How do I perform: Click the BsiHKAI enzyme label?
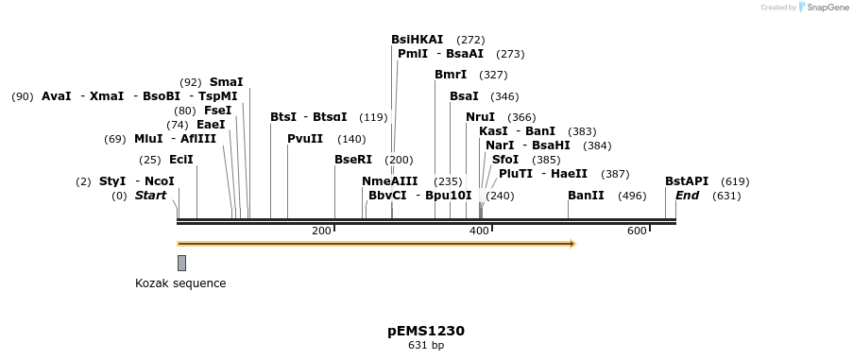pos(417,40)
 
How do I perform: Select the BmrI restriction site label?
pos(451,75)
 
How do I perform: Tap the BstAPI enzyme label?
pos(687,181)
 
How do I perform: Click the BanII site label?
pos(586,196)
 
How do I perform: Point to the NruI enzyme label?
pos(480,117)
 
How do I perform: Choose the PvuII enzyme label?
pos(305,139)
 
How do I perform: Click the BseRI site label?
pos(353,160)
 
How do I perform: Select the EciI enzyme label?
pos(181,160)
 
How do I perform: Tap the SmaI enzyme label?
pos(226,82)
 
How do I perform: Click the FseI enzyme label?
pos(218,111)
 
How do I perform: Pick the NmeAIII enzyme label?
pos(389,181)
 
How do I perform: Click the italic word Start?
pos(150,196)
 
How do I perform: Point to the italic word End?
pos(687,196)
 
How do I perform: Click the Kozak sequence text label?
pos(180,283)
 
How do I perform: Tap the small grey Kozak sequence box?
pos(181,263)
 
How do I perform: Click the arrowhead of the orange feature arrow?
pos(572,244)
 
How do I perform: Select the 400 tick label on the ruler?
pos(479,231)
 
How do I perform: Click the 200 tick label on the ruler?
pos(321,231)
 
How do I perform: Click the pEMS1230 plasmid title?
pos(426,331)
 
